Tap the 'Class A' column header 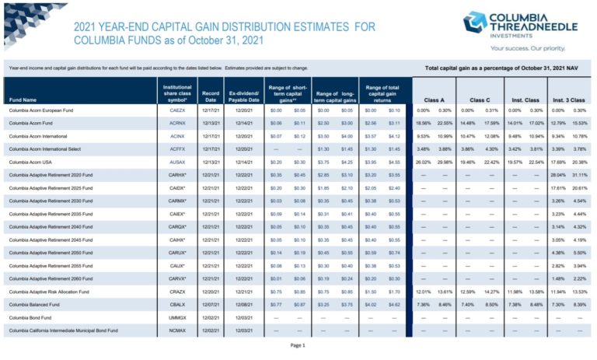pyautogui.click(x=434, y=100)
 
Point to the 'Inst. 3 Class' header pyautogui.click(x=569, y=100)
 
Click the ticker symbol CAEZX pyautogui.click(x=176, y=110)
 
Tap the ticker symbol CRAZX pyautogui.click(x=176, y=292)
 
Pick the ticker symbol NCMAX pyautogui.click(x=176, y=330)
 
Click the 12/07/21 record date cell pyautogui.click(x=210, y=304)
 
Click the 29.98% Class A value pyautogui.click(x=445, y=161)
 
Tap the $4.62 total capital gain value pyautogui.click(x=394, y=304)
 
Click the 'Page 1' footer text pyautogui.click(x=298, y=344)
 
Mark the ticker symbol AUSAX pyautogui.click(x=176, y=161)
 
